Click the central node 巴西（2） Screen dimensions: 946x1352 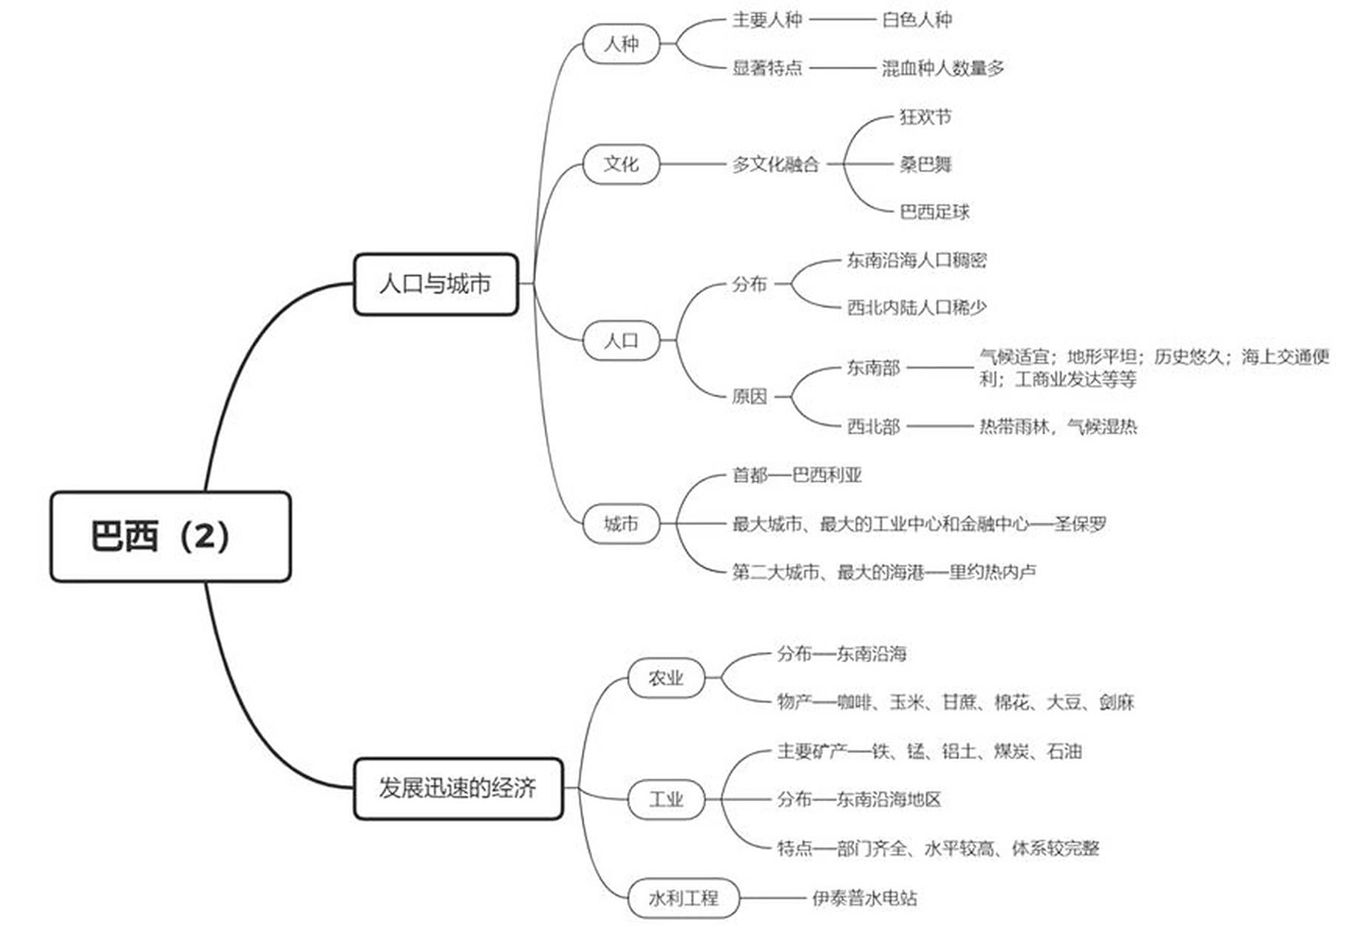coord(170,537)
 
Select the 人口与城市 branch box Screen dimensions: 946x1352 coord(435,284)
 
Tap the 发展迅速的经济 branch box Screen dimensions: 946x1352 coord(458,788)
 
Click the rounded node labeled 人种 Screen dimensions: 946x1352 coord(620,44)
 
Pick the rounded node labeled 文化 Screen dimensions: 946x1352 coord(620,163)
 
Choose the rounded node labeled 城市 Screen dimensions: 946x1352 coord(620,524)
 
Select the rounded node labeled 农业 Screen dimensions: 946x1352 coord(665,678)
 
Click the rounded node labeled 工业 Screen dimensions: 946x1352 coord(665,799)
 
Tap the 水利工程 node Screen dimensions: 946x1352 coord(683,898)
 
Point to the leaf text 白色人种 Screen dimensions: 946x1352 coord(917,20)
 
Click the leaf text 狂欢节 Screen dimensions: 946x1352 coord(925,117)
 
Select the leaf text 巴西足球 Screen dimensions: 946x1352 coord(934,212)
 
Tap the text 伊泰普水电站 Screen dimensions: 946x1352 coord(864,898)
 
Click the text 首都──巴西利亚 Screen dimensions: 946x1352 coord(796,474)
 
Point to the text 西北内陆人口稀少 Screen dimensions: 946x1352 coord(916,307)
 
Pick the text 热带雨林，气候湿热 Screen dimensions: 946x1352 coord(1058,426)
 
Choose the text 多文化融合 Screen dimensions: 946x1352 coord(775,164)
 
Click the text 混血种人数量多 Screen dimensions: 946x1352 coord(942,68)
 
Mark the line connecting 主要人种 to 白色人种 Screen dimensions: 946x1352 coord(842,20)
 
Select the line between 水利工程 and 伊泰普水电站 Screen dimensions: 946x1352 coord(775,898)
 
